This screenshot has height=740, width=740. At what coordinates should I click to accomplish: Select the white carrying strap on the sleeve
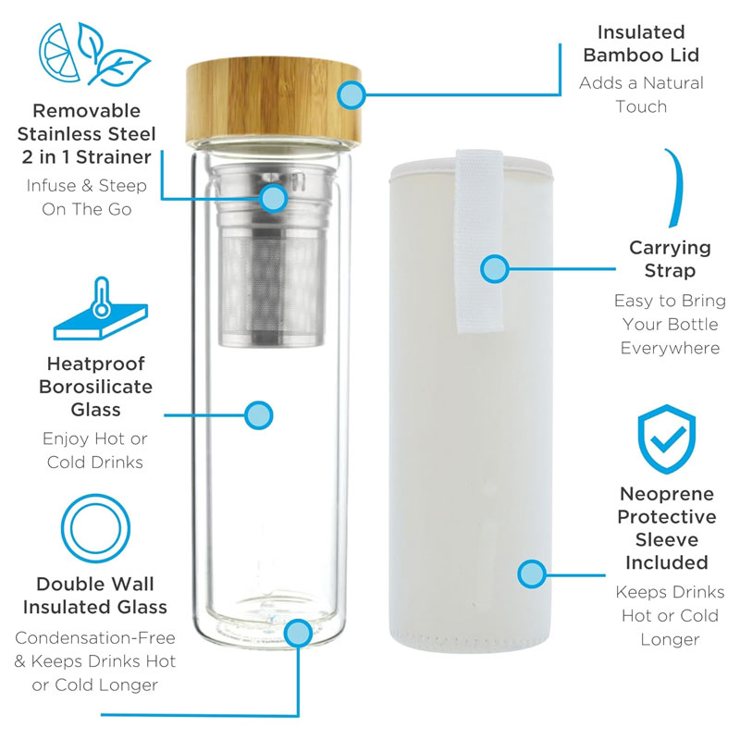click(478, 240)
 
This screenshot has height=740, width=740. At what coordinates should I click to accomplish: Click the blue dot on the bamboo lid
click(351, 94)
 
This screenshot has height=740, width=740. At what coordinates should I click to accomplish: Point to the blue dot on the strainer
click(273, 198)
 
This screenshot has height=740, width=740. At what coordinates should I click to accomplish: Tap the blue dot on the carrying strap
click(494, 269)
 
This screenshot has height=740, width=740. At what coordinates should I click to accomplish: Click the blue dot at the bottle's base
click(298, 633)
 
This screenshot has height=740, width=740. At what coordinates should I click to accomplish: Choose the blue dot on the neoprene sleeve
click(531, 574)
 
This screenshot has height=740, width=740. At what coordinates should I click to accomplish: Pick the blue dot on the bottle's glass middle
click(259, 415)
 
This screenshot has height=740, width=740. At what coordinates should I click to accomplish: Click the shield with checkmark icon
click(666, 438)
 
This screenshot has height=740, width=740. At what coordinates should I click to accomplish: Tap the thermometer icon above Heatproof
click(101, 308)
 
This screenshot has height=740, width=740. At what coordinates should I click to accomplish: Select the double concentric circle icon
click(95, 528)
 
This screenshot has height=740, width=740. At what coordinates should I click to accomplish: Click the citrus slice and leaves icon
click(94, 55)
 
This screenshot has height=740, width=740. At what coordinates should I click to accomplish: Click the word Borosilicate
click(96, 387)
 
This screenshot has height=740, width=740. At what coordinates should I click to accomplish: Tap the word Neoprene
click(667, 494)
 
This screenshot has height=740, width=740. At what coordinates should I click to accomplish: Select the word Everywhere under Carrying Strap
click(670, 349)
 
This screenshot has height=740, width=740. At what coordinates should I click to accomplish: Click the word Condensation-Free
click(95, 637)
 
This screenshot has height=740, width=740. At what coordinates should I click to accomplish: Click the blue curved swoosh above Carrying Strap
click(677, 188)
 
